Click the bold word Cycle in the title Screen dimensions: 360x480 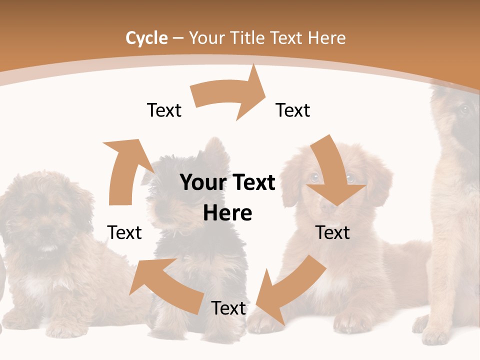click(x=146, y=38)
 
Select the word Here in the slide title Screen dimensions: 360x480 click(x=327, y=38)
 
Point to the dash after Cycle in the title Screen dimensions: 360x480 click(x=178, y=38)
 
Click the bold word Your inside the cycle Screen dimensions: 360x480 click(x=202, y=182)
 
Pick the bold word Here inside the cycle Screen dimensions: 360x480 click(x=227, y=213)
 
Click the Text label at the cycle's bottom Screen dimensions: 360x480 click(x=228, y=308)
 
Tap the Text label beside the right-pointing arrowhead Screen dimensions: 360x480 click(x=293, y=110)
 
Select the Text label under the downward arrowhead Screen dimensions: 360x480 click(x=333, y=232)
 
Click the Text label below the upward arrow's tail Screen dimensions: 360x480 click(x=124, y=232)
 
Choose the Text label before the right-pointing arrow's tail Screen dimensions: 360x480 click(x=164, y=110)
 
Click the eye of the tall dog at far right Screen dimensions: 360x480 click(x=464, y=109)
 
